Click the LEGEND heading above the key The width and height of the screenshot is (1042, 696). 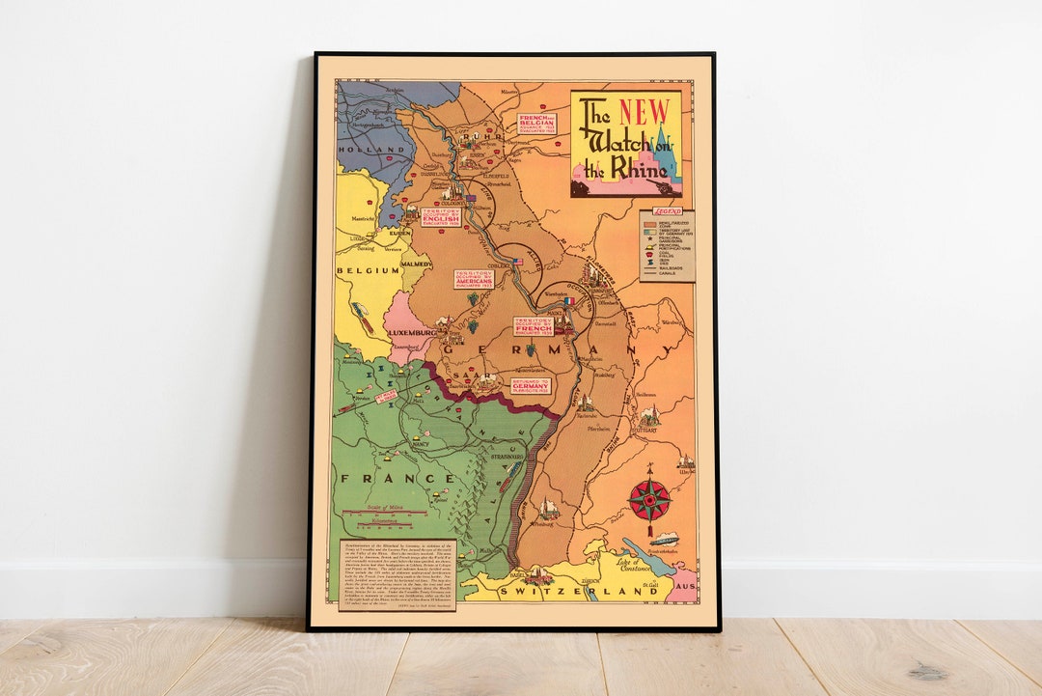click(x=667, y=211)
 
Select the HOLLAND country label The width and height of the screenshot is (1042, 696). click(x=370, y=151)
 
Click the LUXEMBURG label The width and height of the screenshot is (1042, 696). click(x=413, y=332)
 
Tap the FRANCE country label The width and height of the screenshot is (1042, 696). click(x=395, y=478)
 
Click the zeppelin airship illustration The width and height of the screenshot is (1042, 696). click(x=665, y=540)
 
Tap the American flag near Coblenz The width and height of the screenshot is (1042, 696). click(x=518, y=262)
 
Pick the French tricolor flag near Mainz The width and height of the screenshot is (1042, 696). click(x=568, y=300)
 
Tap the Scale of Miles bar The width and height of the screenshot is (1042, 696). click(x=386, y=514)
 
